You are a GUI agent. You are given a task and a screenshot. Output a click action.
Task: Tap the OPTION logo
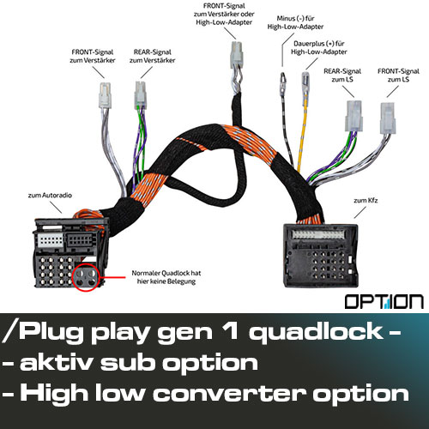[x=384, y=302]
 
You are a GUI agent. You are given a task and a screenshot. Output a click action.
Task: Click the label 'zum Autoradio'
[x=50, y=196]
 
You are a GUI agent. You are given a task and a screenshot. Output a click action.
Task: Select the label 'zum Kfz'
[x=366, y=200]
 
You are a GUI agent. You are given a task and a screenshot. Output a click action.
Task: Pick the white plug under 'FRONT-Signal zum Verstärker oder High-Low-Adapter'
[x=237, y=55]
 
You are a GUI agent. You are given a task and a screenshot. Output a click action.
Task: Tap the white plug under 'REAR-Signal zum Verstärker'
[x=141, y=95]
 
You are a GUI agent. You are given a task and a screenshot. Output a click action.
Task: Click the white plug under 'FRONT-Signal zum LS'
[x=388, y=118]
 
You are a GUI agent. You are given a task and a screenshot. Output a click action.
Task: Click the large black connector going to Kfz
[x=321, y=256]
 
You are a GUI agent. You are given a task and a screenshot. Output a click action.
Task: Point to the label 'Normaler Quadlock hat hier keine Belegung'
[x=166, y=277]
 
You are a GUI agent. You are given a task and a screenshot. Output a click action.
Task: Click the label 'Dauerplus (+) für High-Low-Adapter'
[x=319, y=48]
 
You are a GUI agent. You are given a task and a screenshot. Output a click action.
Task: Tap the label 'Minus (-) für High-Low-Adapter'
[x=295, y=22]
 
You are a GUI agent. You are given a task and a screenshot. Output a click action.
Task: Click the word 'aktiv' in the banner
[x=56, y=363]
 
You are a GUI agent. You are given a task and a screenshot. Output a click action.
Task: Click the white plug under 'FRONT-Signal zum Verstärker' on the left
[x=105, y=95]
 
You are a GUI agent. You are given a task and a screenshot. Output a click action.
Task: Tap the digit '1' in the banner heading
[x=230, y=330]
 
